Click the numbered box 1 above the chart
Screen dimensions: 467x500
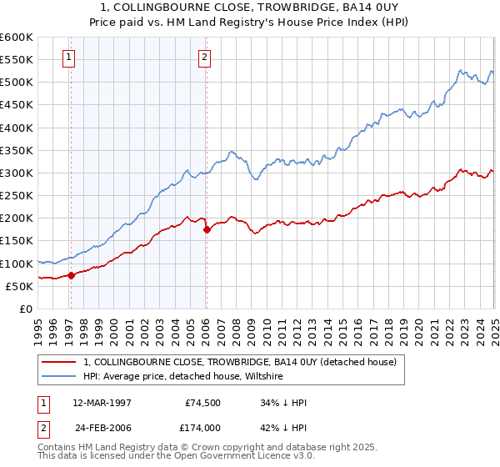(x=67, y=58)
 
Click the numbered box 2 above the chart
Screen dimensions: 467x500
(x=204, y=58)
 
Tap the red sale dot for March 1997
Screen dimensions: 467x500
(x=71, y=274)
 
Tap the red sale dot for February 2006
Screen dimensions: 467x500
(x=207, y=229)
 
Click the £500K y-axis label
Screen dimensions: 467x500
(x=17, y=82)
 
